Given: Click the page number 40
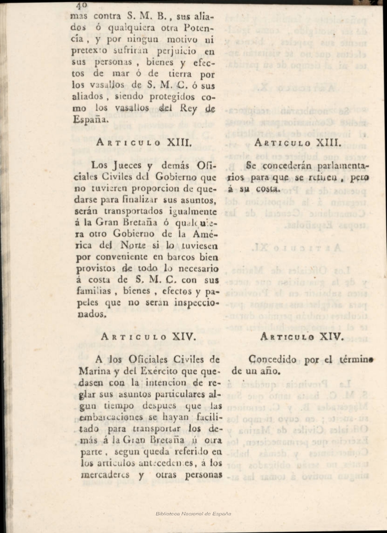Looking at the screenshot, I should [x=82, y=5].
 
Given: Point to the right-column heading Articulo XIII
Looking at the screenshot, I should [x=298, y=143].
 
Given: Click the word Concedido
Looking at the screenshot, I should [x=272, y=360].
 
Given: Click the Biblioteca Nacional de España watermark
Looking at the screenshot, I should [x=193, y=513].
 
